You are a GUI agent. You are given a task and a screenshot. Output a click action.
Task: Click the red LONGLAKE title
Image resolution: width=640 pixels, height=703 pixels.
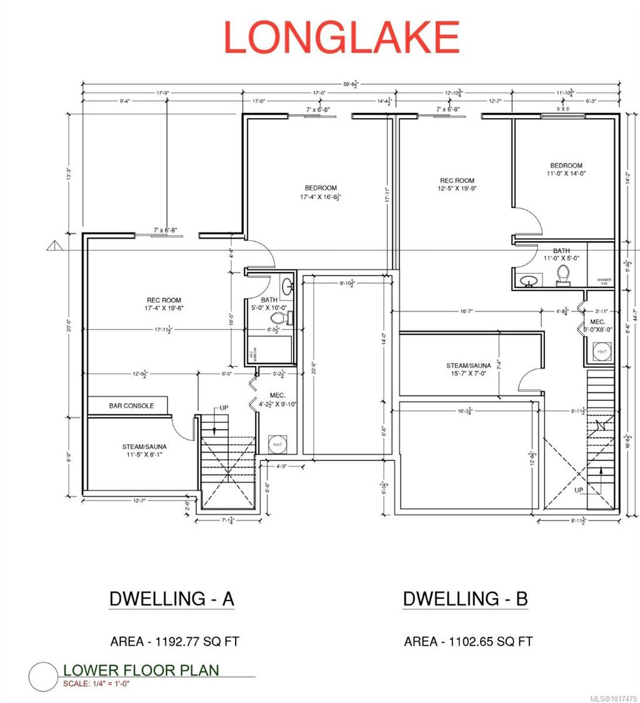(341, 37)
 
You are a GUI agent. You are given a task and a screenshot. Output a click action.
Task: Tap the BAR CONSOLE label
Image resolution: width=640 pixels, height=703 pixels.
(131, 406)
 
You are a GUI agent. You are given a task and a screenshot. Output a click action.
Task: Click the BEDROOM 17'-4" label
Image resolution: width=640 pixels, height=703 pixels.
(321, 192)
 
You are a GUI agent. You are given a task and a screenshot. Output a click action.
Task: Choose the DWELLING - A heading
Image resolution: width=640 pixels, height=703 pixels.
(172, 599)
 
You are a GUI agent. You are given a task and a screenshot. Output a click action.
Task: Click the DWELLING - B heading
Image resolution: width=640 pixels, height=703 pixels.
(466, 599)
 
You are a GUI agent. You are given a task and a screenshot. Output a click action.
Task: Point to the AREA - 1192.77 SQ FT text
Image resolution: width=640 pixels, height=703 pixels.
(174, 641)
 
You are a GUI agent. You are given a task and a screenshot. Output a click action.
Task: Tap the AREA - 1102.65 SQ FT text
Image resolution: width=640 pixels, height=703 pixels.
(468, 641)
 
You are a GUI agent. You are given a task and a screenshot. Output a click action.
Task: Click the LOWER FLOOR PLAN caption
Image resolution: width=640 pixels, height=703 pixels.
(141, 671)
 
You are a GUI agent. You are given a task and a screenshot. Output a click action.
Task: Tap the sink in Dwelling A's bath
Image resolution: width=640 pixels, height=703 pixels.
(286, 286)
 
